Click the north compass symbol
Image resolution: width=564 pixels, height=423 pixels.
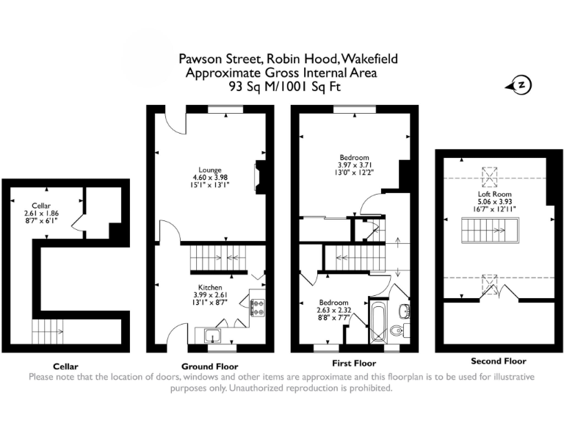[x=520, y=85]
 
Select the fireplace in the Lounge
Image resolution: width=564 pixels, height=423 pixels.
[x=257, y=176]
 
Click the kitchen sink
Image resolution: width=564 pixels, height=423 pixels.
[x=214, y=336]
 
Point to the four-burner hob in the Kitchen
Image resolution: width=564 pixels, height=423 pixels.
[x=258, y=308]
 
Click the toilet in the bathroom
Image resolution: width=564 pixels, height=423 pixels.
[x=397, y=331]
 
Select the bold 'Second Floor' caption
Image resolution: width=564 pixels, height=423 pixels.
[x=498, y=361]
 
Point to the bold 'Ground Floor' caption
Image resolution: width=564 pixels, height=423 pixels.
[x=209, y=366]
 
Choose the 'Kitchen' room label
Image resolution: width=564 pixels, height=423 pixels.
[x=210, y=287]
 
